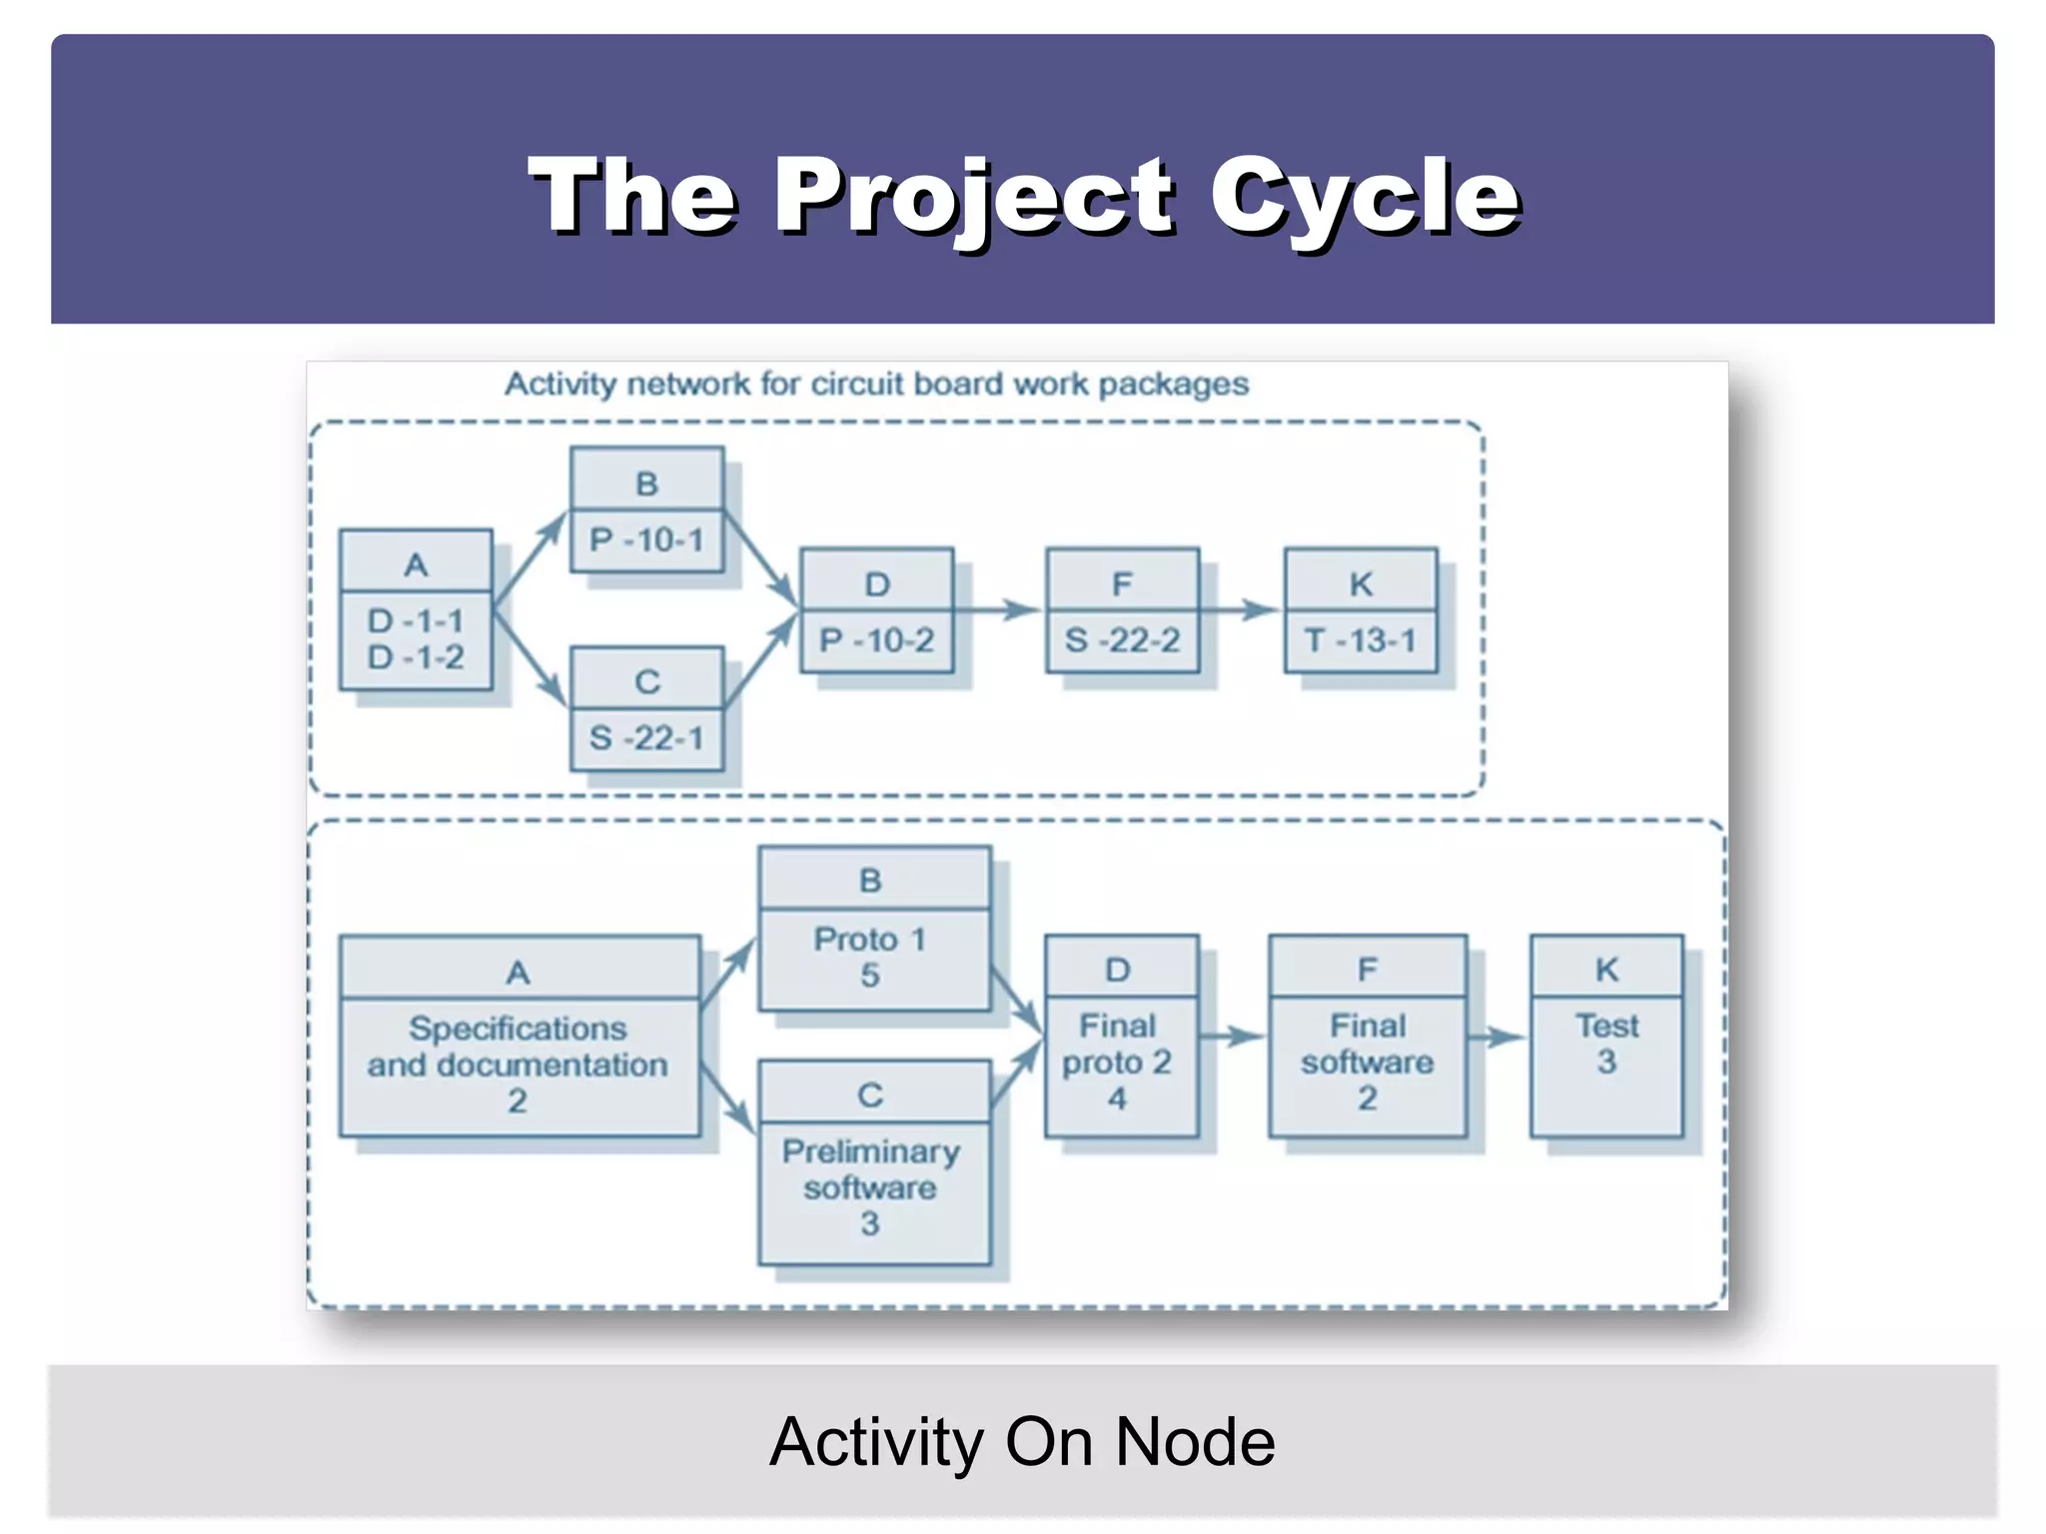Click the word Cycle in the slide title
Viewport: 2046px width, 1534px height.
tap(1365, 197)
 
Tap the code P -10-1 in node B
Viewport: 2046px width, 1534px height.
tap(646, 540)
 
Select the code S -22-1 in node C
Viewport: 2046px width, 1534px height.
tap(646, 738)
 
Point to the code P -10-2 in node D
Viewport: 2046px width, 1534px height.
tap(876, 640)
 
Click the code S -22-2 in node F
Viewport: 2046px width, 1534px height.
tap(1122, 640)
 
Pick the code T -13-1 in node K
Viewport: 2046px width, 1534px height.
tap(1361, 640)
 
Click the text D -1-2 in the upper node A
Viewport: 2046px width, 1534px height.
tap(416, 657)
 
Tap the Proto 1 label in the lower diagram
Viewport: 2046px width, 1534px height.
tap(869, 940)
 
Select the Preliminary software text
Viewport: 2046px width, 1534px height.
tap(870, 1169)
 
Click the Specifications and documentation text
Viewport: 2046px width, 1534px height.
tap(517, 1047)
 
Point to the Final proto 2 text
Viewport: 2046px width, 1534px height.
tap(1117, 1044)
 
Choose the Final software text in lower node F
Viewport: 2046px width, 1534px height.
tap(1367, 1044)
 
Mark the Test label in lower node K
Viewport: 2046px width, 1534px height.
tap(1606, 1026)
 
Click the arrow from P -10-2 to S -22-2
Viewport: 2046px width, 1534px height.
tap(999, 609)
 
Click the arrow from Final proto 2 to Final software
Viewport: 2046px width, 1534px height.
tap(1233, 1037)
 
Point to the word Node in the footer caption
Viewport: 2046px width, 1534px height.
tap(1195, 1442)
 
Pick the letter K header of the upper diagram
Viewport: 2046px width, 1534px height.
tap(1361, 584)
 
